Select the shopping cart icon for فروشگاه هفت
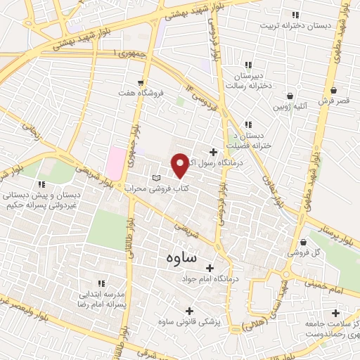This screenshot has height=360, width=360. (x=141, y=82)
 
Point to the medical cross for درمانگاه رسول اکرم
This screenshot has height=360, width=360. (x=213, y=152)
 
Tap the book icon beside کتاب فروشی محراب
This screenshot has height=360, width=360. (x=157, y=176)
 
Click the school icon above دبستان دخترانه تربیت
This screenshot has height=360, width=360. (x=296, y=15)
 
